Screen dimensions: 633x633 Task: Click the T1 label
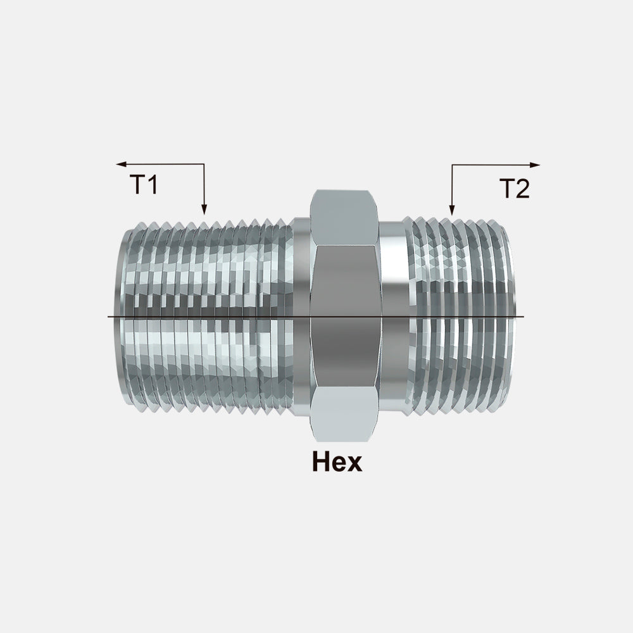[x=144, y=184]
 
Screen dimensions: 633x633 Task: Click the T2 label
[x=514, y=189]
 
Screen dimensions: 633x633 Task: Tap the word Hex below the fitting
[x=337, y=462]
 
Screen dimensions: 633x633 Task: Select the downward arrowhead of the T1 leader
[x=204, y=210]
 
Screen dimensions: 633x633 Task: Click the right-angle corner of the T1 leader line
[x=204, y=165]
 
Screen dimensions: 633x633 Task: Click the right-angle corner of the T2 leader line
[x=451, y=165]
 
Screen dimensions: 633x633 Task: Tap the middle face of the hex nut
[x=344, y=316]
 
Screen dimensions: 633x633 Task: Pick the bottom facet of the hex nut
[x=344, y=415]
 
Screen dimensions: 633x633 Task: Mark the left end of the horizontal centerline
[x=109, y=316]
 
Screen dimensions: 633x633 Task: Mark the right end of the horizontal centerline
[x=523, y=316]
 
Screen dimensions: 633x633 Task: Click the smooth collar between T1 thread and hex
[x=301, y=316]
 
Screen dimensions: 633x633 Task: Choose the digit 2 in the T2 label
[x=522, y=189]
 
